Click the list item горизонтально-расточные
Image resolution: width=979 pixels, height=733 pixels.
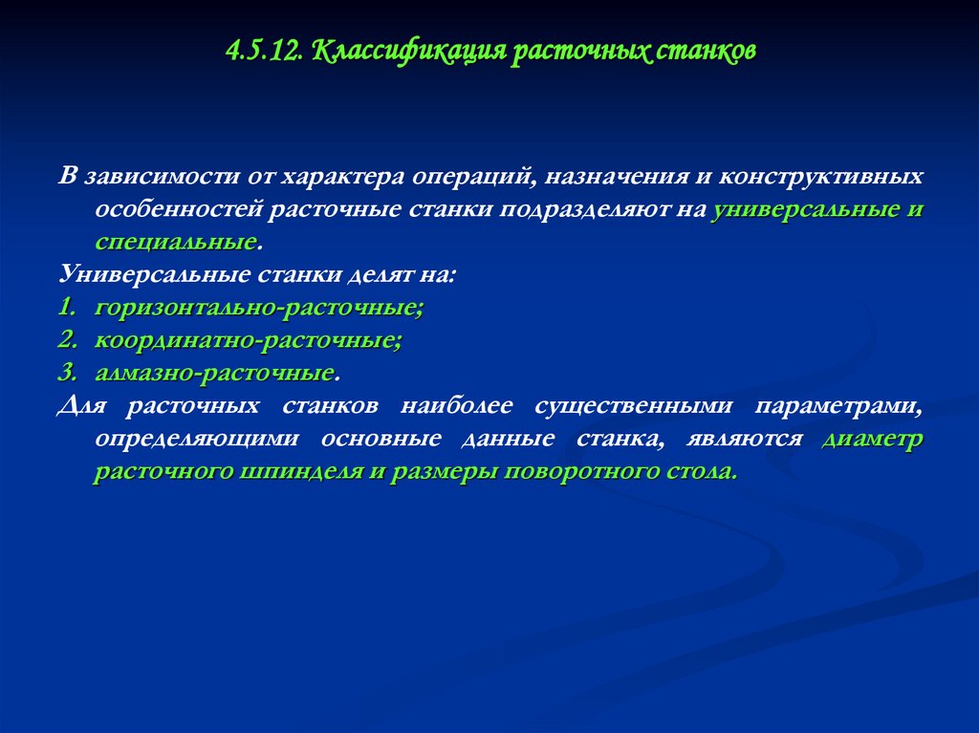[x=258, y=309]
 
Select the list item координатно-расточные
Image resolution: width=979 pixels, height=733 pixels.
[x=248, y=340]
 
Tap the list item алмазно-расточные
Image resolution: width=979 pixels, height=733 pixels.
[x=214, y=372]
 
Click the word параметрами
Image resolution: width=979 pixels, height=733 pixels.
[x=838, y=407]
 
